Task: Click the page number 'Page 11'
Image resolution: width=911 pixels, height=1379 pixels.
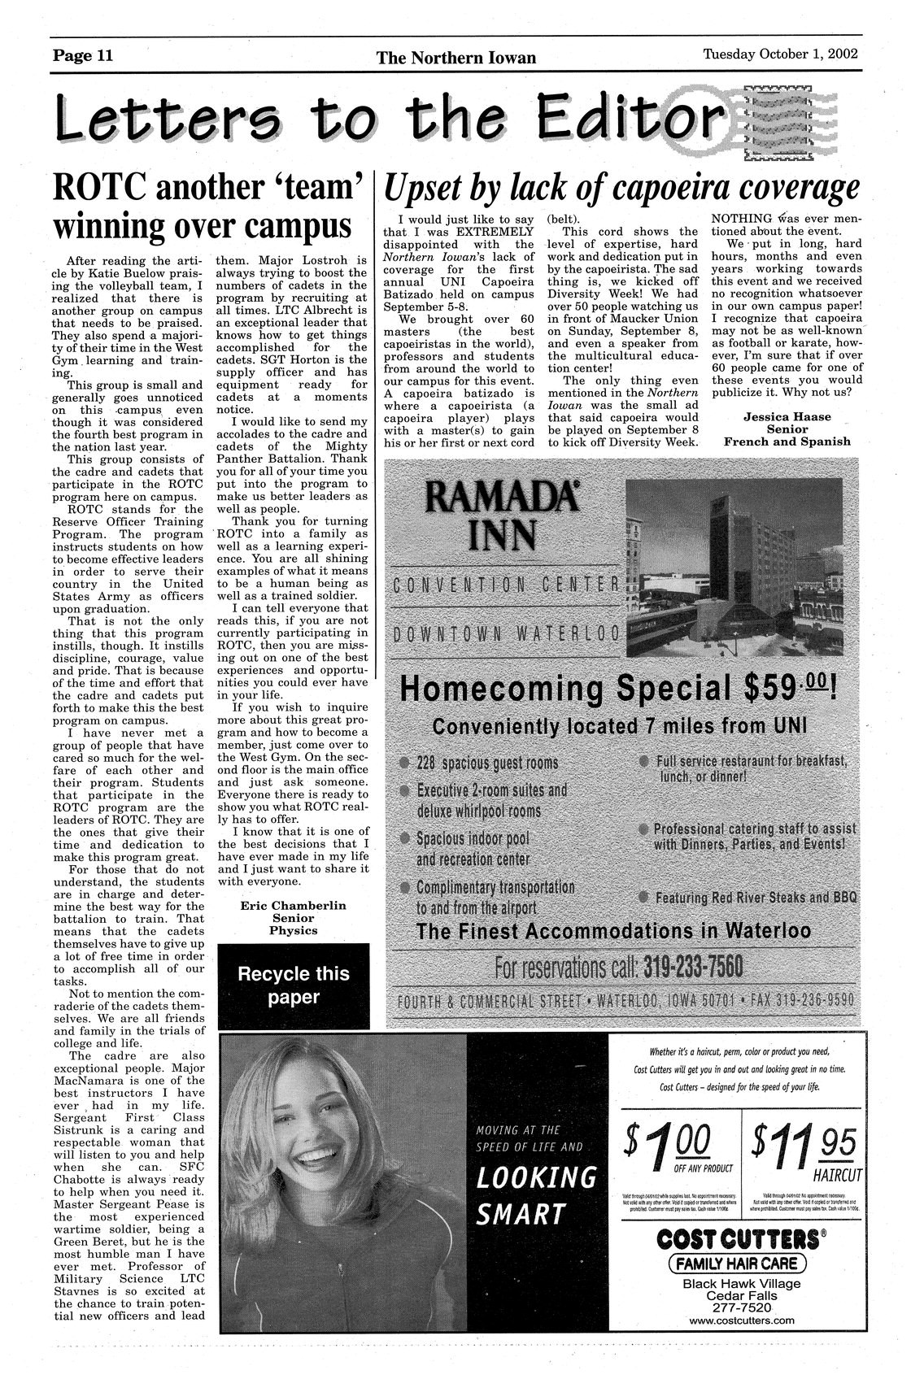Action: (x=83, y=56)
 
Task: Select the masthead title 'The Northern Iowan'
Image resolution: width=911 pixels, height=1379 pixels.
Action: (x=456, y=58)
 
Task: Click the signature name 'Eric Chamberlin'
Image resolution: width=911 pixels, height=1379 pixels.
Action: (x=294, y=905)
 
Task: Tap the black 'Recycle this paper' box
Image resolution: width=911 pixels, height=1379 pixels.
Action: (x=293, y=985)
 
